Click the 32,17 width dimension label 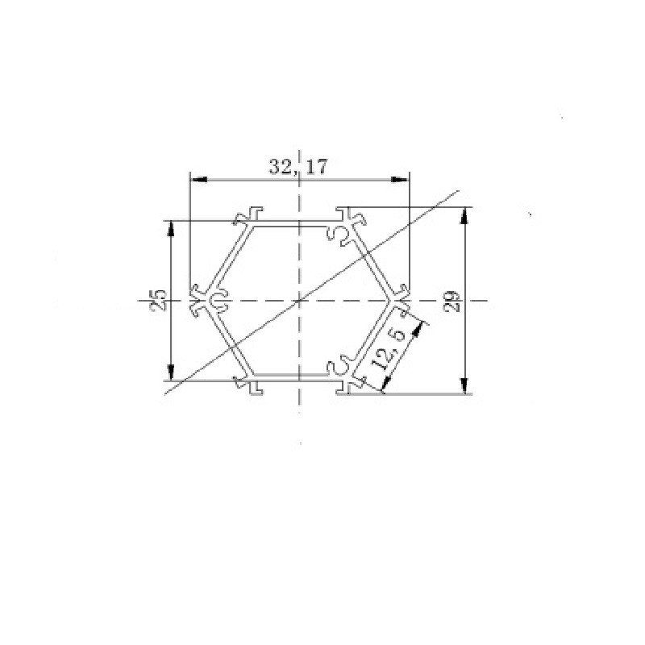click(298, 167)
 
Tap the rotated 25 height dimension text click(159, 300)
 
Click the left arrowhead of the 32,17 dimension click(195, 179)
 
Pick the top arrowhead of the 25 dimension click(171, 227)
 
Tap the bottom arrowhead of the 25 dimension click(171, 372)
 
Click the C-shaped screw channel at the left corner click(218, 301)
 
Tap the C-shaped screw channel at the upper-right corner click(340, 235)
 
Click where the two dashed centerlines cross click(299, 301)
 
